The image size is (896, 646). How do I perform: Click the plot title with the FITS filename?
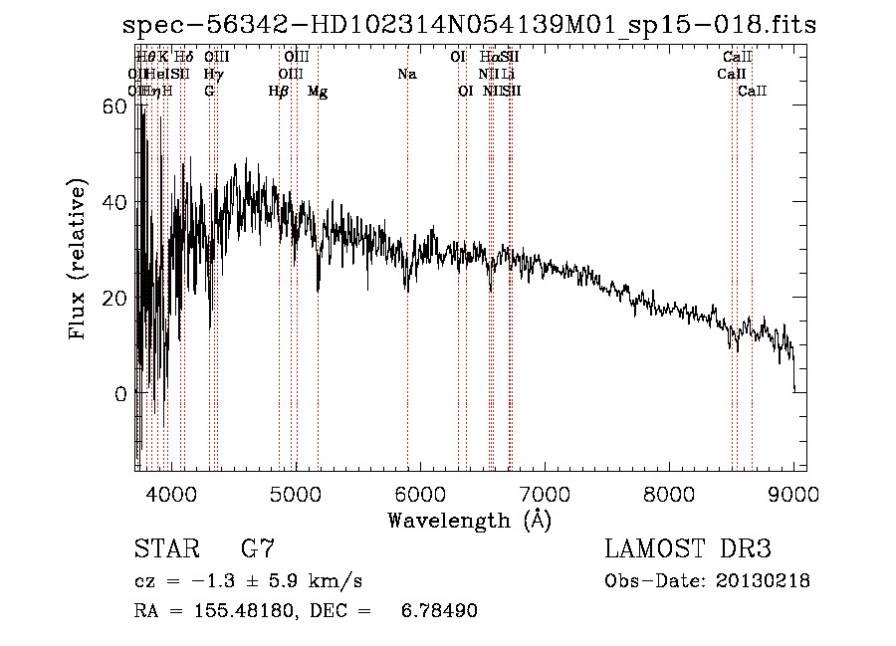(x=469, y=25)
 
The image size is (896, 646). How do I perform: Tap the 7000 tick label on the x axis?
(x=544, y=493)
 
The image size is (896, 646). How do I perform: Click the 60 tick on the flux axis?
(x=117, y=107)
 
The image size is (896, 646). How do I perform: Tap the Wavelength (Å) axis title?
(x=469, y=520)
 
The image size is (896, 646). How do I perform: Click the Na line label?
(x=406, y=75)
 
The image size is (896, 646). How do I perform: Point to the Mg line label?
(x=318, y=92)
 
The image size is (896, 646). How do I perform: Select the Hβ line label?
(x=279, y=92)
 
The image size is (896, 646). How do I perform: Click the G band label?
(x=209, y=92)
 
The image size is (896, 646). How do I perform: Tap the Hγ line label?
(x=213, y=75)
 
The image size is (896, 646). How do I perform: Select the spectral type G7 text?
(x=258, y=548)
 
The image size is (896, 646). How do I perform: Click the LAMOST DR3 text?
(x=688, y=548)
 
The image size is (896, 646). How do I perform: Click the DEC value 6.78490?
(x=442, y=611)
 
